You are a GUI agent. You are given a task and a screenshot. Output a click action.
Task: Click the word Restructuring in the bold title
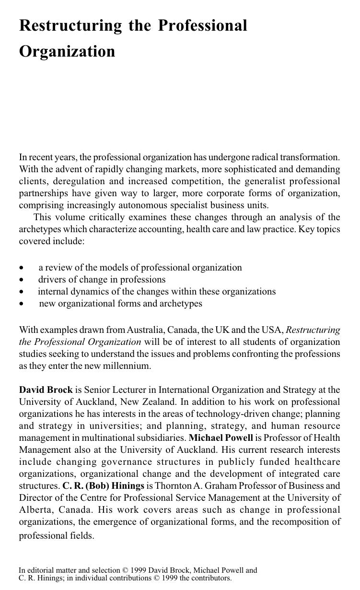pyautogui.click(x=70, y=26)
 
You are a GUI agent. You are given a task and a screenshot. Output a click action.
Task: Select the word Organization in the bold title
pyautogui.click(x=67, y=51)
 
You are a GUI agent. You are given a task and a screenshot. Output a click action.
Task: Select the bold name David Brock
pyautogui.click(x=46, y=390)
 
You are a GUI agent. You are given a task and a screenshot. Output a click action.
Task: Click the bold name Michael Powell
pyautogui.click(x=221, y=438)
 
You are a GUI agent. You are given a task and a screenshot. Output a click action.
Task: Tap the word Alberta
pyautogui.click(x=35, y=510)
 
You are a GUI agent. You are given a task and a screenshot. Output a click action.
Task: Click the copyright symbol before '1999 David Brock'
pyautogui.click(x=126, y=571)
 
